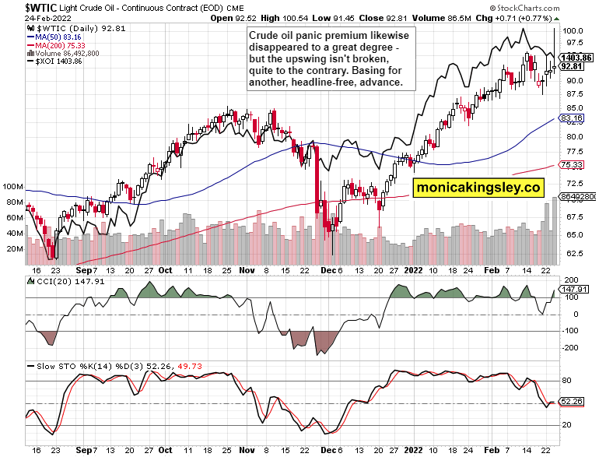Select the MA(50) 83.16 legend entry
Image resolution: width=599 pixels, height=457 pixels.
click(x=52, y=36)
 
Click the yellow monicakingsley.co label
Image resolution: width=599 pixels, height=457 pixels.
click(x=478, y=187)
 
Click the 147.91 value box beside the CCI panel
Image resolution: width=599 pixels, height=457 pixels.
click(x=575, y=289)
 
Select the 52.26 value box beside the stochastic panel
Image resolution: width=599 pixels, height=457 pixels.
click(x=574, y=402)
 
